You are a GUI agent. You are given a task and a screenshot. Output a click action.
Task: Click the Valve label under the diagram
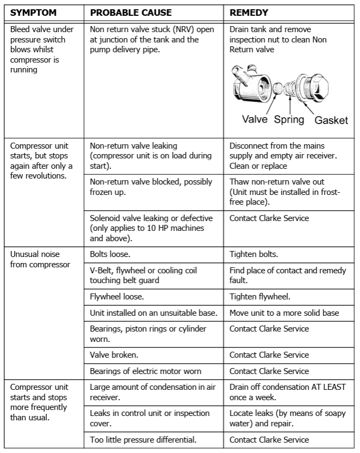pyautogui.click(x=254, y=119)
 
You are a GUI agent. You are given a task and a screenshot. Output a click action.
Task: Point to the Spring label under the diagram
pyautogui.click(x=289, y=119)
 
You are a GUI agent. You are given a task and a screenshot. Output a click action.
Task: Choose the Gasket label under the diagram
pyautogui.click(x=331, y=120)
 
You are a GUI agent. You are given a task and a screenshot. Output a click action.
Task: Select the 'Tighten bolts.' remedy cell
pyautogui.click(x=254, y=254)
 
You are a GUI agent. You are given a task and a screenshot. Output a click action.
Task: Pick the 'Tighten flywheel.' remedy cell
pyautogui.click(x=259, y=297)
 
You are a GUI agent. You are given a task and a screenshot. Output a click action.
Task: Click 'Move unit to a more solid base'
pyautogui.click(x=284, y=313)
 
